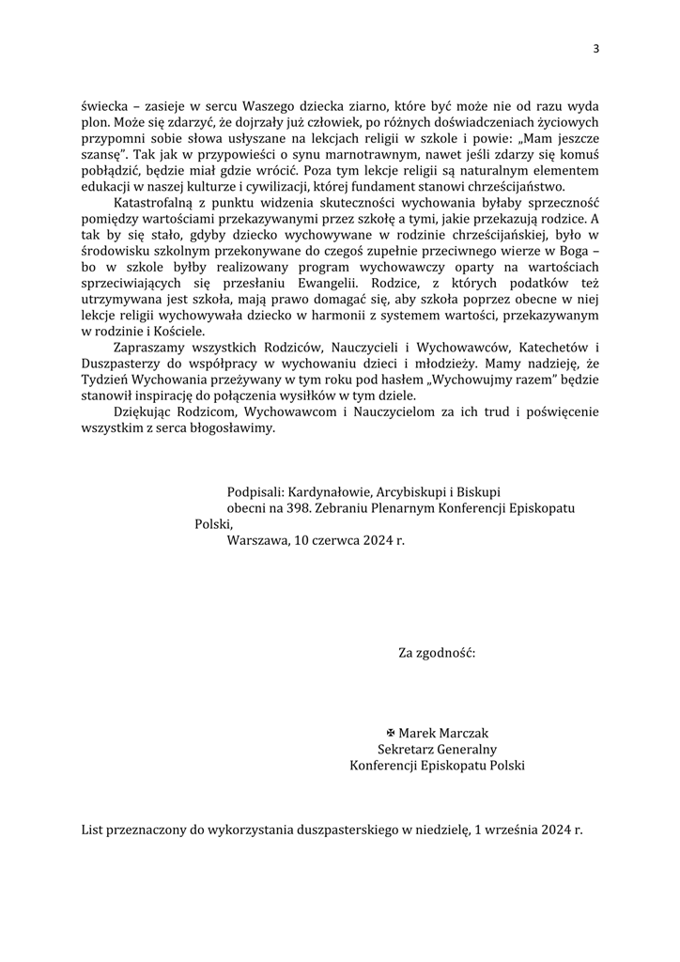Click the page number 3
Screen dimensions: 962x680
(595, 49)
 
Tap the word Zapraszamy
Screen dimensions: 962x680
(151, 348)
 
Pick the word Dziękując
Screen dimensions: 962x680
(144, 411)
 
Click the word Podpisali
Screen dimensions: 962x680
(254, 491)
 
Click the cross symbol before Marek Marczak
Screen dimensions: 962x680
(391, 733)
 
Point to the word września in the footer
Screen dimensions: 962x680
(508, 831)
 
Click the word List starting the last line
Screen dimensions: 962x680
(94, 831)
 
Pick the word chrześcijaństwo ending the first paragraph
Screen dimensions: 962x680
(508, 187)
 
